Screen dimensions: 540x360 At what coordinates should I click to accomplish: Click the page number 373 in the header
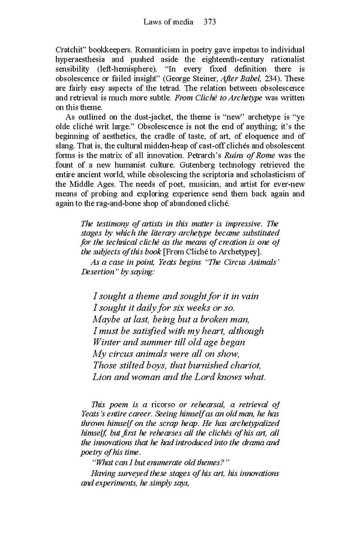[209, 22]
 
